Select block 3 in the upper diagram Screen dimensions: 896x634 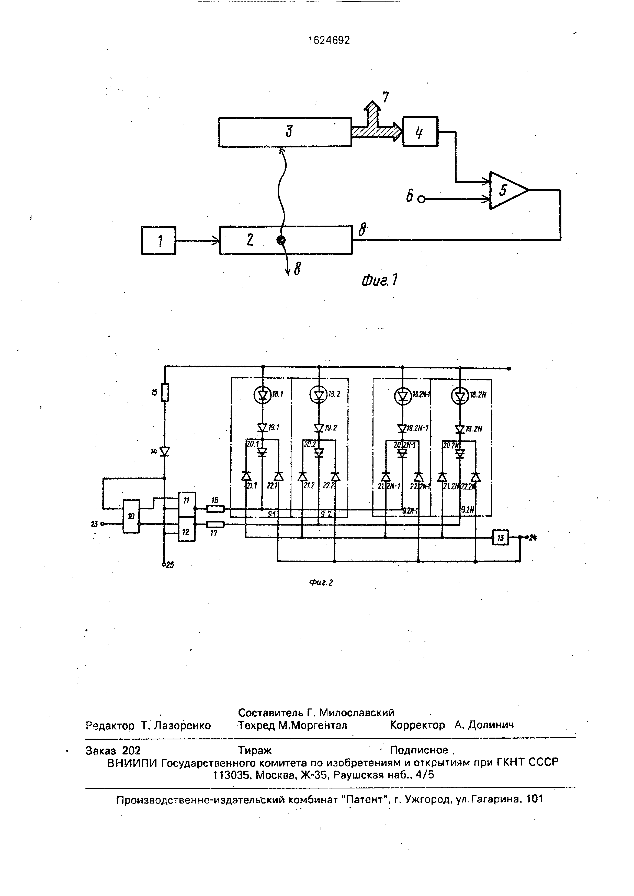285,132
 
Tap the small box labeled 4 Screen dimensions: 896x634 420,132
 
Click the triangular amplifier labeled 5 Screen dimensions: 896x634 506,190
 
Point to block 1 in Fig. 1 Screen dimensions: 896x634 158,240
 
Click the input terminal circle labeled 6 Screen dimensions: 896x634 421,200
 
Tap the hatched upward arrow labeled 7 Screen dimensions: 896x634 373,113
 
